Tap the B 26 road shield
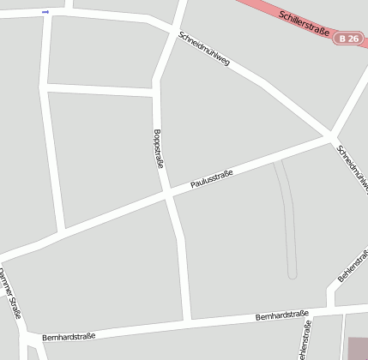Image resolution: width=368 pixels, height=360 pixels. [x=347, y=39]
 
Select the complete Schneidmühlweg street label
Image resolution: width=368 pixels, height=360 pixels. [x=204, y=51]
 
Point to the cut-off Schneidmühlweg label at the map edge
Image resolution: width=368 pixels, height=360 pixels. [x=353, y=166]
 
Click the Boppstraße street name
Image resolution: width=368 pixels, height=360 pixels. [x=158, y=147]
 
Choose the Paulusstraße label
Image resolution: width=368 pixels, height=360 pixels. [x=212, y=177]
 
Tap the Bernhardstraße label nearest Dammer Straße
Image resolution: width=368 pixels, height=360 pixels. [x=69, y=336]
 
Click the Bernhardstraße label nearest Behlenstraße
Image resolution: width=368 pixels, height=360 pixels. [x=282, y=316]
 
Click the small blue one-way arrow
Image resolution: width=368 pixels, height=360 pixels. [x=45, y=12]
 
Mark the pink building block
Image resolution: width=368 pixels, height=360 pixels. [x=358, y=348]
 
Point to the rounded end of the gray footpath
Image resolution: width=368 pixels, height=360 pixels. [x=293, y=273]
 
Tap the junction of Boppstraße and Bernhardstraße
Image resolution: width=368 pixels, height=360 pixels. [x=188, y=321]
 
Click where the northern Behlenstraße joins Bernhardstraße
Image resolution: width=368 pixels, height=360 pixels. [x=329, y=306]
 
